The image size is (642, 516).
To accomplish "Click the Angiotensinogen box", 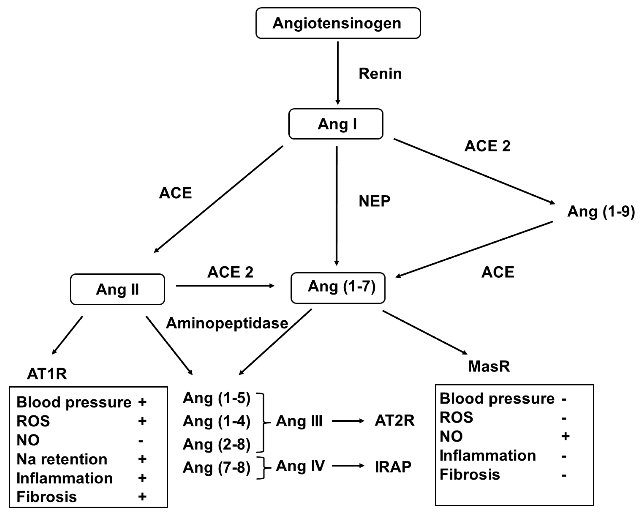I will (x=338, y=23).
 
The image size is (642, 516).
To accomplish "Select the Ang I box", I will (x=336, y=124).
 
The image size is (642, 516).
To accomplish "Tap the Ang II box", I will (x=117, y=289).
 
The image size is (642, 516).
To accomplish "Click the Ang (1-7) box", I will (x=338, y=288).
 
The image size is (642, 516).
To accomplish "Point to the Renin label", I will (x=380, y=74).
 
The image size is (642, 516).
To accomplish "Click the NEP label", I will (x=374, y=201).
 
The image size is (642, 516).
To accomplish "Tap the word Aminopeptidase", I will (x=227, y=323).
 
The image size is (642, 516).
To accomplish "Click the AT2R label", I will (x=395, y=421).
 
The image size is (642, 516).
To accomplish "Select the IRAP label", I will (x=393, y=467).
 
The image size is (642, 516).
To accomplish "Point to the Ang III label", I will (x=299, y=421).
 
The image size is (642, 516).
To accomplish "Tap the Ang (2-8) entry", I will (x=217, y=445).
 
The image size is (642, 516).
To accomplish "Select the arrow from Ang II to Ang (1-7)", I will (x=225, y=286).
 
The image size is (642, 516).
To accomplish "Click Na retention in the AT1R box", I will (x=62, y=459).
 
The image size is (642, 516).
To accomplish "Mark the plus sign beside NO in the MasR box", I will (x=565, y=436).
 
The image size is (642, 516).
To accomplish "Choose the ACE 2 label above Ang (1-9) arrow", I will (x=487, y=146).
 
